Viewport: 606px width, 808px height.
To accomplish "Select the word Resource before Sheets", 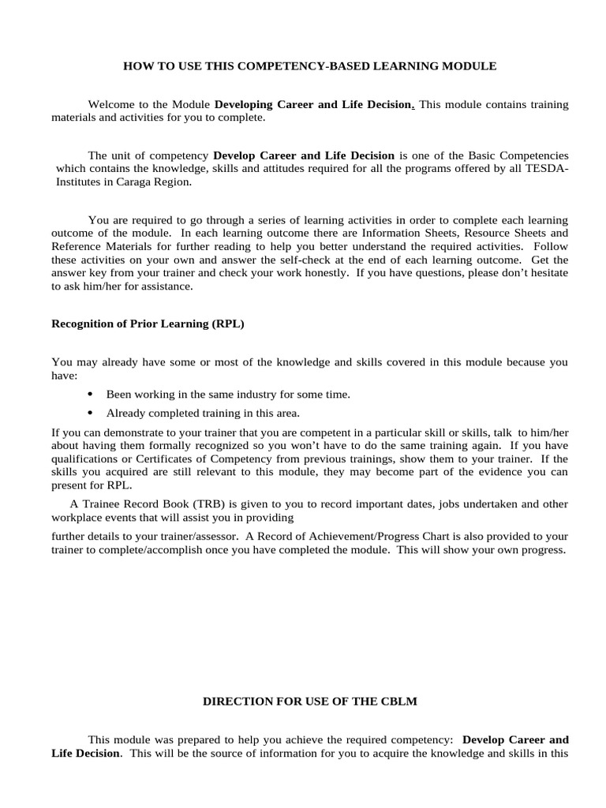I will pos(457,233).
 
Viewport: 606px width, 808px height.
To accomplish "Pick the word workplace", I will pos(76,518).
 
